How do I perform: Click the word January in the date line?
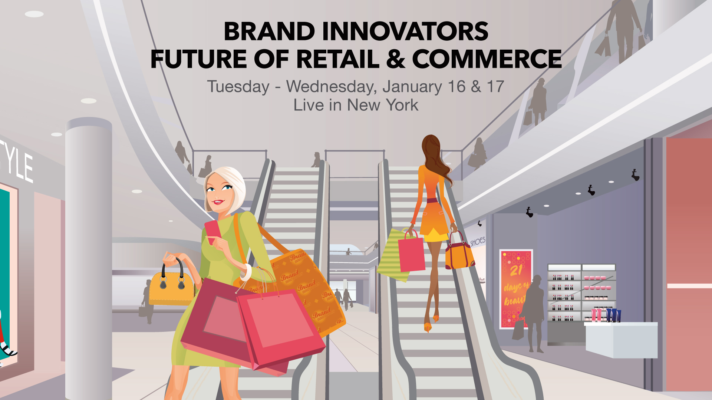point(412,87)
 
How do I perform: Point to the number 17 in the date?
point(495,87)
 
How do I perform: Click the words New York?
point(382,105)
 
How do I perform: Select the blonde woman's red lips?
point(218,202)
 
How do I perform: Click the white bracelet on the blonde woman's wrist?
point(246,272)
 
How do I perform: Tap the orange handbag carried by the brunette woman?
point(459,254)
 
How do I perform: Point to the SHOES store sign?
point(478,242)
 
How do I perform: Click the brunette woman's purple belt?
point(432,201)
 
